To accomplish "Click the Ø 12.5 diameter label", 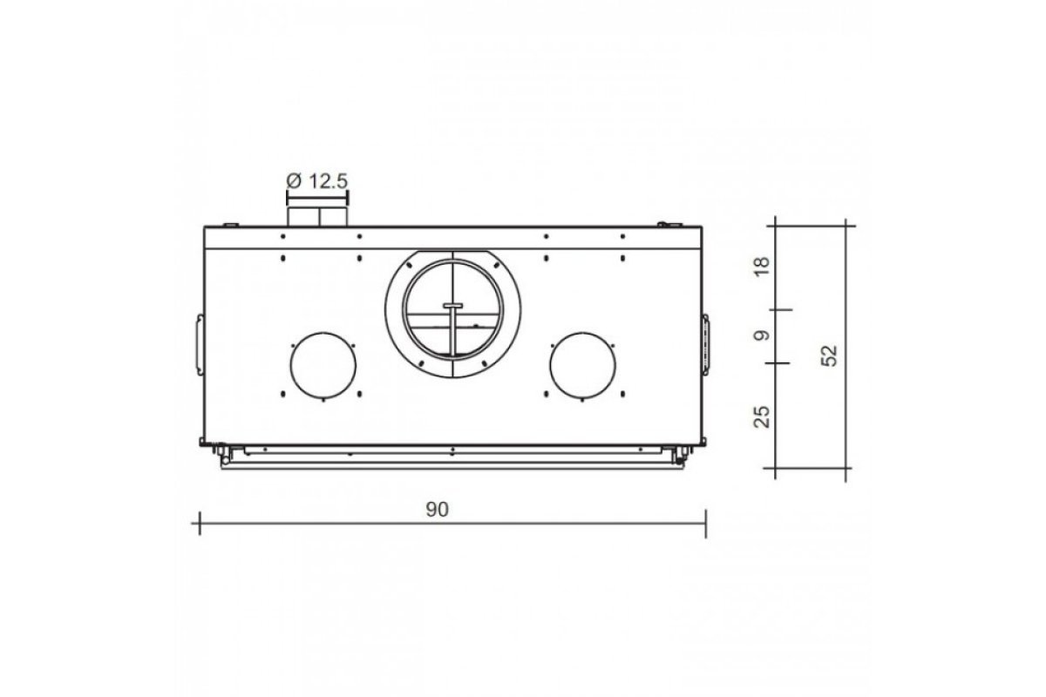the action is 317,180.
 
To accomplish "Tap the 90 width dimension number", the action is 437,510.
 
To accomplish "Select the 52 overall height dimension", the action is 830,355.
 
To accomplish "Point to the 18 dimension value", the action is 762,267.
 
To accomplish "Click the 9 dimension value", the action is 762,335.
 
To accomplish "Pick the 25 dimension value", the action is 762,416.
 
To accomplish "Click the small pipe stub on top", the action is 317,218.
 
